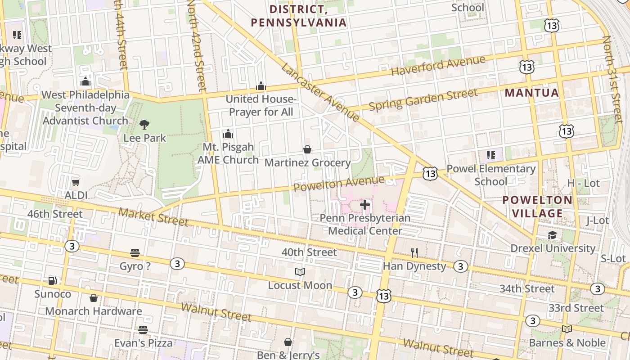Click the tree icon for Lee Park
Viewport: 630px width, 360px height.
click(x=144, y=125)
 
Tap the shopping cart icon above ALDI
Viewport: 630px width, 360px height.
click(x=76, y=182)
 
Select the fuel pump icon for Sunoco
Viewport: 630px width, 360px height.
click(x=53, y=281)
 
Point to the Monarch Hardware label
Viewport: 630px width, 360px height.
click(x=94, y=311)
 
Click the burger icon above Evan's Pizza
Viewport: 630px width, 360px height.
click(x=143, y=330)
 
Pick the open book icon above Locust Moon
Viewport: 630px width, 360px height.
click(x=300, y=272)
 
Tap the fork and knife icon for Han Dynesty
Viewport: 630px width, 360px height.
click(x=414, y=253)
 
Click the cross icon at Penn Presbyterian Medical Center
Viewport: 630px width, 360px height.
click(x=365, y=205)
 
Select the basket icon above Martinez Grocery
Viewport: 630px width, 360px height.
click(x=307, y=149)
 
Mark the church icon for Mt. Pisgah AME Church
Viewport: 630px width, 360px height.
click(x=228, y=134)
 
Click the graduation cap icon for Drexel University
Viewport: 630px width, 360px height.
click(x=553, y=235)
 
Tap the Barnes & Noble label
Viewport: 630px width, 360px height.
click(x=567, y=343)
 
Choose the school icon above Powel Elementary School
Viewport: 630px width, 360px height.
click(x=491, y=156)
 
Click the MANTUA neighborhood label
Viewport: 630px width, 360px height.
click(x=532, y=93)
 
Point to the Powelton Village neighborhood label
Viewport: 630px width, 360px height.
click(x=537, y=207)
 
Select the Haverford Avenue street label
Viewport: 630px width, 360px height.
click(x=438, y=66)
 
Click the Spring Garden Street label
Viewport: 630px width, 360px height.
click(x=423, y=100)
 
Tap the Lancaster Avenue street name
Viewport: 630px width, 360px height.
click(x=320, y=92)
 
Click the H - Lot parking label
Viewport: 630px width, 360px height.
click(x=584, y=183)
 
